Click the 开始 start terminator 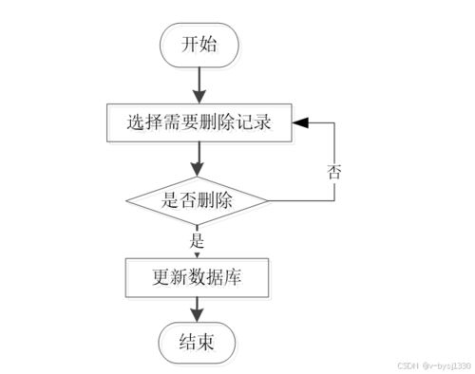(198, 45)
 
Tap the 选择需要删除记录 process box (198, 122)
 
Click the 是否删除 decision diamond (198, 200)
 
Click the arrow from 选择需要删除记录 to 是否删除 (198, 157)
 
